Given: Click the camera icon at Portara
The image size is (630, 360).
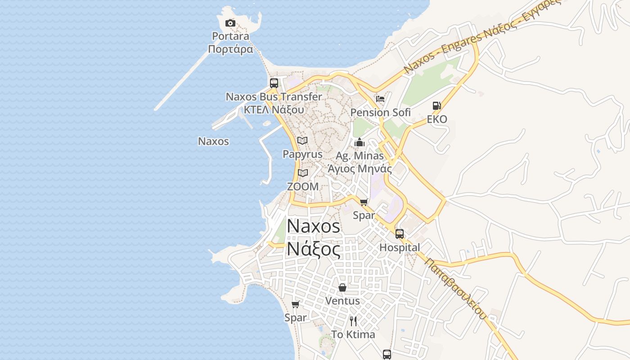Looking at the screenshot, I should click(230, 23).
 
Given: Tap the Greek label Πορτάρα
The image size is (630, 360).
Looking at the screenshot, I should click(231, 49).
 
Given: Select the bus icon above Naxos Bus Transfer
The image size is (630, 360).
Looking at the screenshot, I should click(274, 83).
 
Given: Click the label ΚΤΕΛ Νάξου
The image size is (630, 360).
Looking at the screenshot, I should click(274, 109).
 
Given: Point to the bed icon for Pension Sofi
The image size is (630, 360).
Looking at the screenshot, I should click(380, 99).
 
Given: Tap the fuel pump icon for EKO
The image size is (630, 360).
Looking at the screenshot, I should click(436, 106).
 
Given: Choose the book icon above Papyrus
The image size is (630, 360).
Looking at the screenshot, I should click(302, 140).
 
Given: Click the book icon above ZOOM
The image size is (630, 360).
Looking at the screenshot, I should click(303, 173).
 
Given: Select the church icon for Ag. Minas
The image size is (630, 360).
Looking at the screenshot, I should click(359, 143).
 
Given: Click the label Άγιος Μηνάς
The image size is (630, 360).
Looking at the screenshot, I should click(360, 169).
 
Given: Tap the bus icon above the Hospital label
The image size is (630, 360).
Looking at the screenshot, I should click(399, 234).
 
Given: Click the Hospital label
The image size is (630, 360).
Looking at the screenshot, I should click(400, 247).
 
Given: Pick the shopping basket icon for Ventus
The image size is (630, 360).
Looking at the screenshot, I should click(342, 287).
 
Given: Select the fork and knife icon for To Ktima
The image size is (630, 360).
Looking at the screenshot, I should click(353, 321).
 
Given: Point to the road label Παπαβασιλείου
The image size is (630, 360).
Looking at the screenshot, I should click(455, 288).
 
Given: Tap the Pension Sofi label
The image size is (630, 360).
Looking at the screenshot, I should click(380, 112).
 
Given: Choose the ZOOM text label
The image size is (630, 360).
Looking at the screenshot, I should click(303, 186).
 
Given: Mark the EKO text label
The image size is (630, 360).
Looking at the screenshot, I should click(437, 119).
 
